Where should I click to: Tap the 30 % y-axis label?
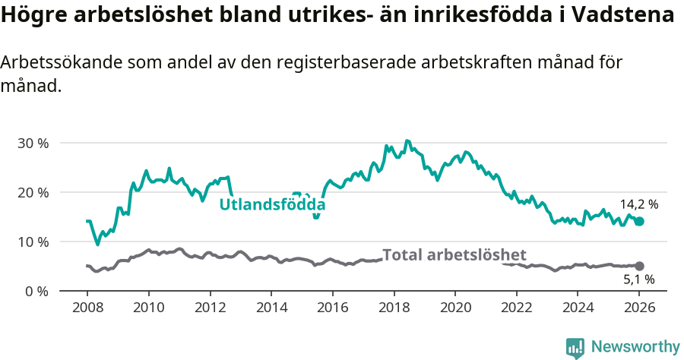pos(33,144)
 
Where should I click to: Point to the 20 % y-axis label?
pos(33,193)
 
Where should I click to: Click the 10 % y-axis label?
pos(33,242)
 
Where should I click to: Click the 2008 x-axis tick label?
pos(87,308)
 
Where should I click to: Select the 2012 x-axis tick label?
pos(210,308)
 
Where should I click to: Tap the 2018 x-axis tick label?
pos(394,308)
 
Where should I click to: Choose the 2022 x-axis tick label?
pos(516,308)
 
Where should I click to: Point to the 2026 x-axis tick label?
pos(639,308)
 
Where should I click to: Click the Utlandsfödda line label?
pos(272,205)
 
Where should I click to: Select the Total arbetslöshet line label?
pos(454,254)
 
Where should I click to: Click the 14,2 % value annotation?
pos(638,204)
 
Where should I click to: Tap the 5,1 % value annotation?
pos(638,280)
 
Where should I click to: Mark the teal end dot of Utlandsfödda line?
pos(639,221)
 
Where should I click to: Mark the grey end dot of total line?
pos(639,266)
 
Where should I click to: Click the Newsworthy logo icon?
pos(575,348)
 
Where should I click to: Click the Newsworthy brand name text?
pos(635,347)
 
